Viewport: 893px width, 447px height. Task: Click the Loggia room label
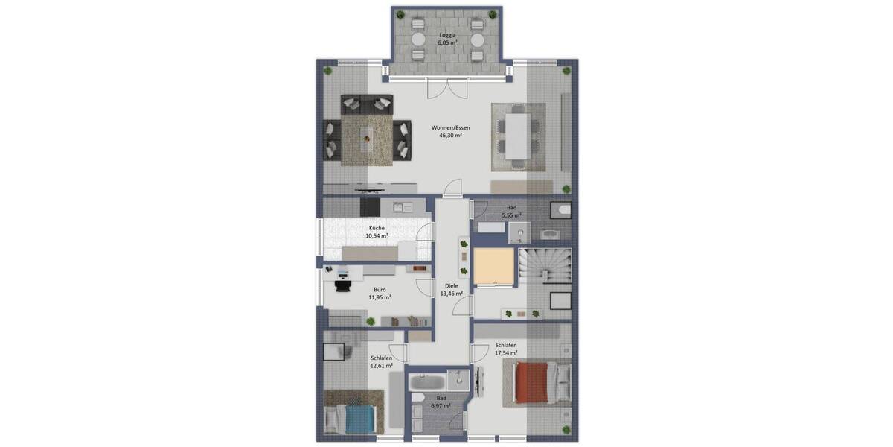coord(447,34)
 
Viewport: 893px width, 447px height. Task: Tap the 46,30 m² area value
coord(451,136)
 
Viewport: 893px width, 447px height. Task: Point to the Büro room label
coord(380,289)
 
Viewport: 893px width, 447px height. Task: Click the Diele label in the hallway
coord(451,285)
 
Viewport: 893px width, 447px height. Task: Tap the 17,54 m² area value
coord(506,352)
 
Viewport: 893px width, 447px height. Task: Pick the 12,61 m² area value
coord(381,366)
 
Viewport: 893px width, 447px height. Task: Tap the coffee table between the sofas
coord(368,138)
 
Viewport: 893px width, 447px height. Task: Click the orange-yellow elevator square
coord(493,267)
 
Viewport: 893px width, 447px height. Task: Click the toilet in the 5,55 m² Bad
coord(563,212)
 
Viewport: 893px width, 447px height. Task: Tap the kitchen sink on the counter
coord(402,207)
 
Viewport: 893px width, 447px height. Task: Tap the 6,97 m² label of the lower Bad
coord(442,407)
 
